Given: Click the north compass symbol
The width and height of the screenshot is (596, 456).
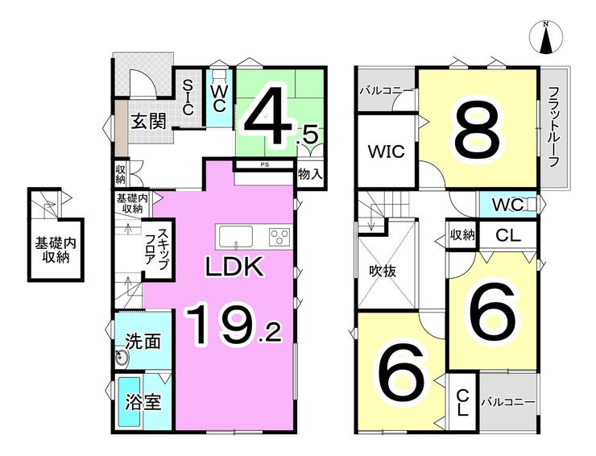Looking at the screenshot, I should [546, 37].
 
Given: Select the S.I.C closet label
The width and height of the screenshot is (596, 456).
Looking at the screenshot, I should [188, 97].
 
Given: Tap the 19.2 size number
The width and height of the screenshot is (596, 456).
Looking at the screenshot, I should [234, 325].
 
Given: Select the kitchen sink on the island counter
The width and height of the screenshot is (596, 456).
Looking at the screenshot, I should [235, 237].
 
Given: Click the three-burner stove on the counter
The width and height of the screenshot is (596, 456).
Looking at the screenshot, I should [279, 237].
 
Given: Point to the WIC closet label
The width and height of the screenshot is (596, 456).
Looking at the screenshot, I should [386, 151].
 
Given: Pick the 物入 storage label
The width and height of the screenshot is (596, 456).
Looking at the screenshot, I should [310, 174].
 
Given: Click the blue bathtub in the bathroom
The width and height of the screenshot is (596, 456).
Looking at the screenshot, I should [130, 401].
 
